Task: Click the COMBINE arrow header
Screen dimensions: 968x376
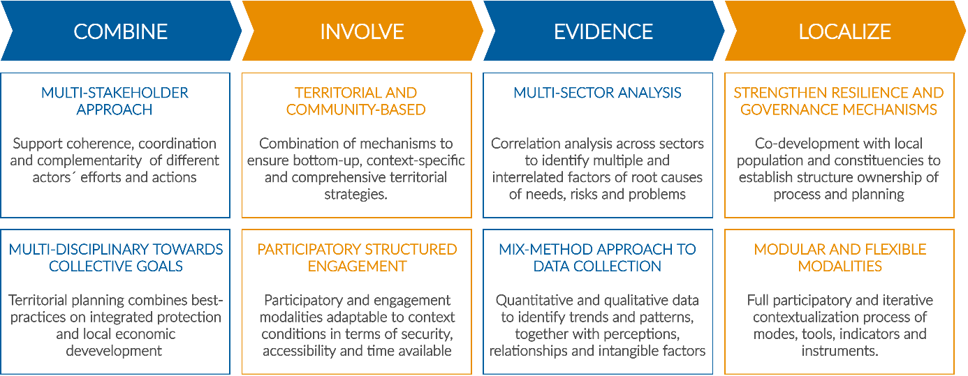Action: coord(121,31)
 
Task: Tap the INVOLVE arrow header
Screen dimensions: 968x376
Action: coord(362,31)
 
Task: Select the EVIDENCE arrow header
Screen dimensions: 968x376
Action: coord(603,31)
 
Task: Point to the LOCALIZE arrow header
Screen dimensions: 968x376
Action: coord(844,31)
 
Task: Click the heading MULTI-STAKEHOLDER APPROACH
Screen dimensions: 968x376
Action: coord(115,101)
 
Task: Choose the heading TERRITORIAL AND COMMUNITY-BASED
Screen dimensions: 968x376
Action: coord(355,101)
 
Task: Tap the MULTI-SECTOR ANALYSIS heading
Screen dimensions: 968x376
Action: coord(597,93)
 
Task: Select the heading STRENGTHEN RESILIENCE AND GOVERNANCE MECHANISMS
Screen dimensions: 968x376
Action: coord(839,101)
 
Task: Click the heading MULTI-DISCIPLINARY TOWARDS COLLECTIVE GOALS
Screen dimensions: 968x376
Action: coord(116,257)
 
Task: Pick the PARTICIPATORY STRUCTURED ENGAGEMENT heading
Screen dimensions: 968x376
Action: coord(357,257)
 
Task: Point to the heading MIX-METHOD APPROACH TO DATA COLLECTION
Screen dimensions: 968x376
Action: coord(597,257)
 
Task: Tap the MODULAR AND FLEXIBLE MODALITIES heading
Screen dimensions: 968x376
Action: coord(840,257)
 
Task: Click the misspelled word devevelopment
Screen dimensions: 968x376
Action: coord(114,351)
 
